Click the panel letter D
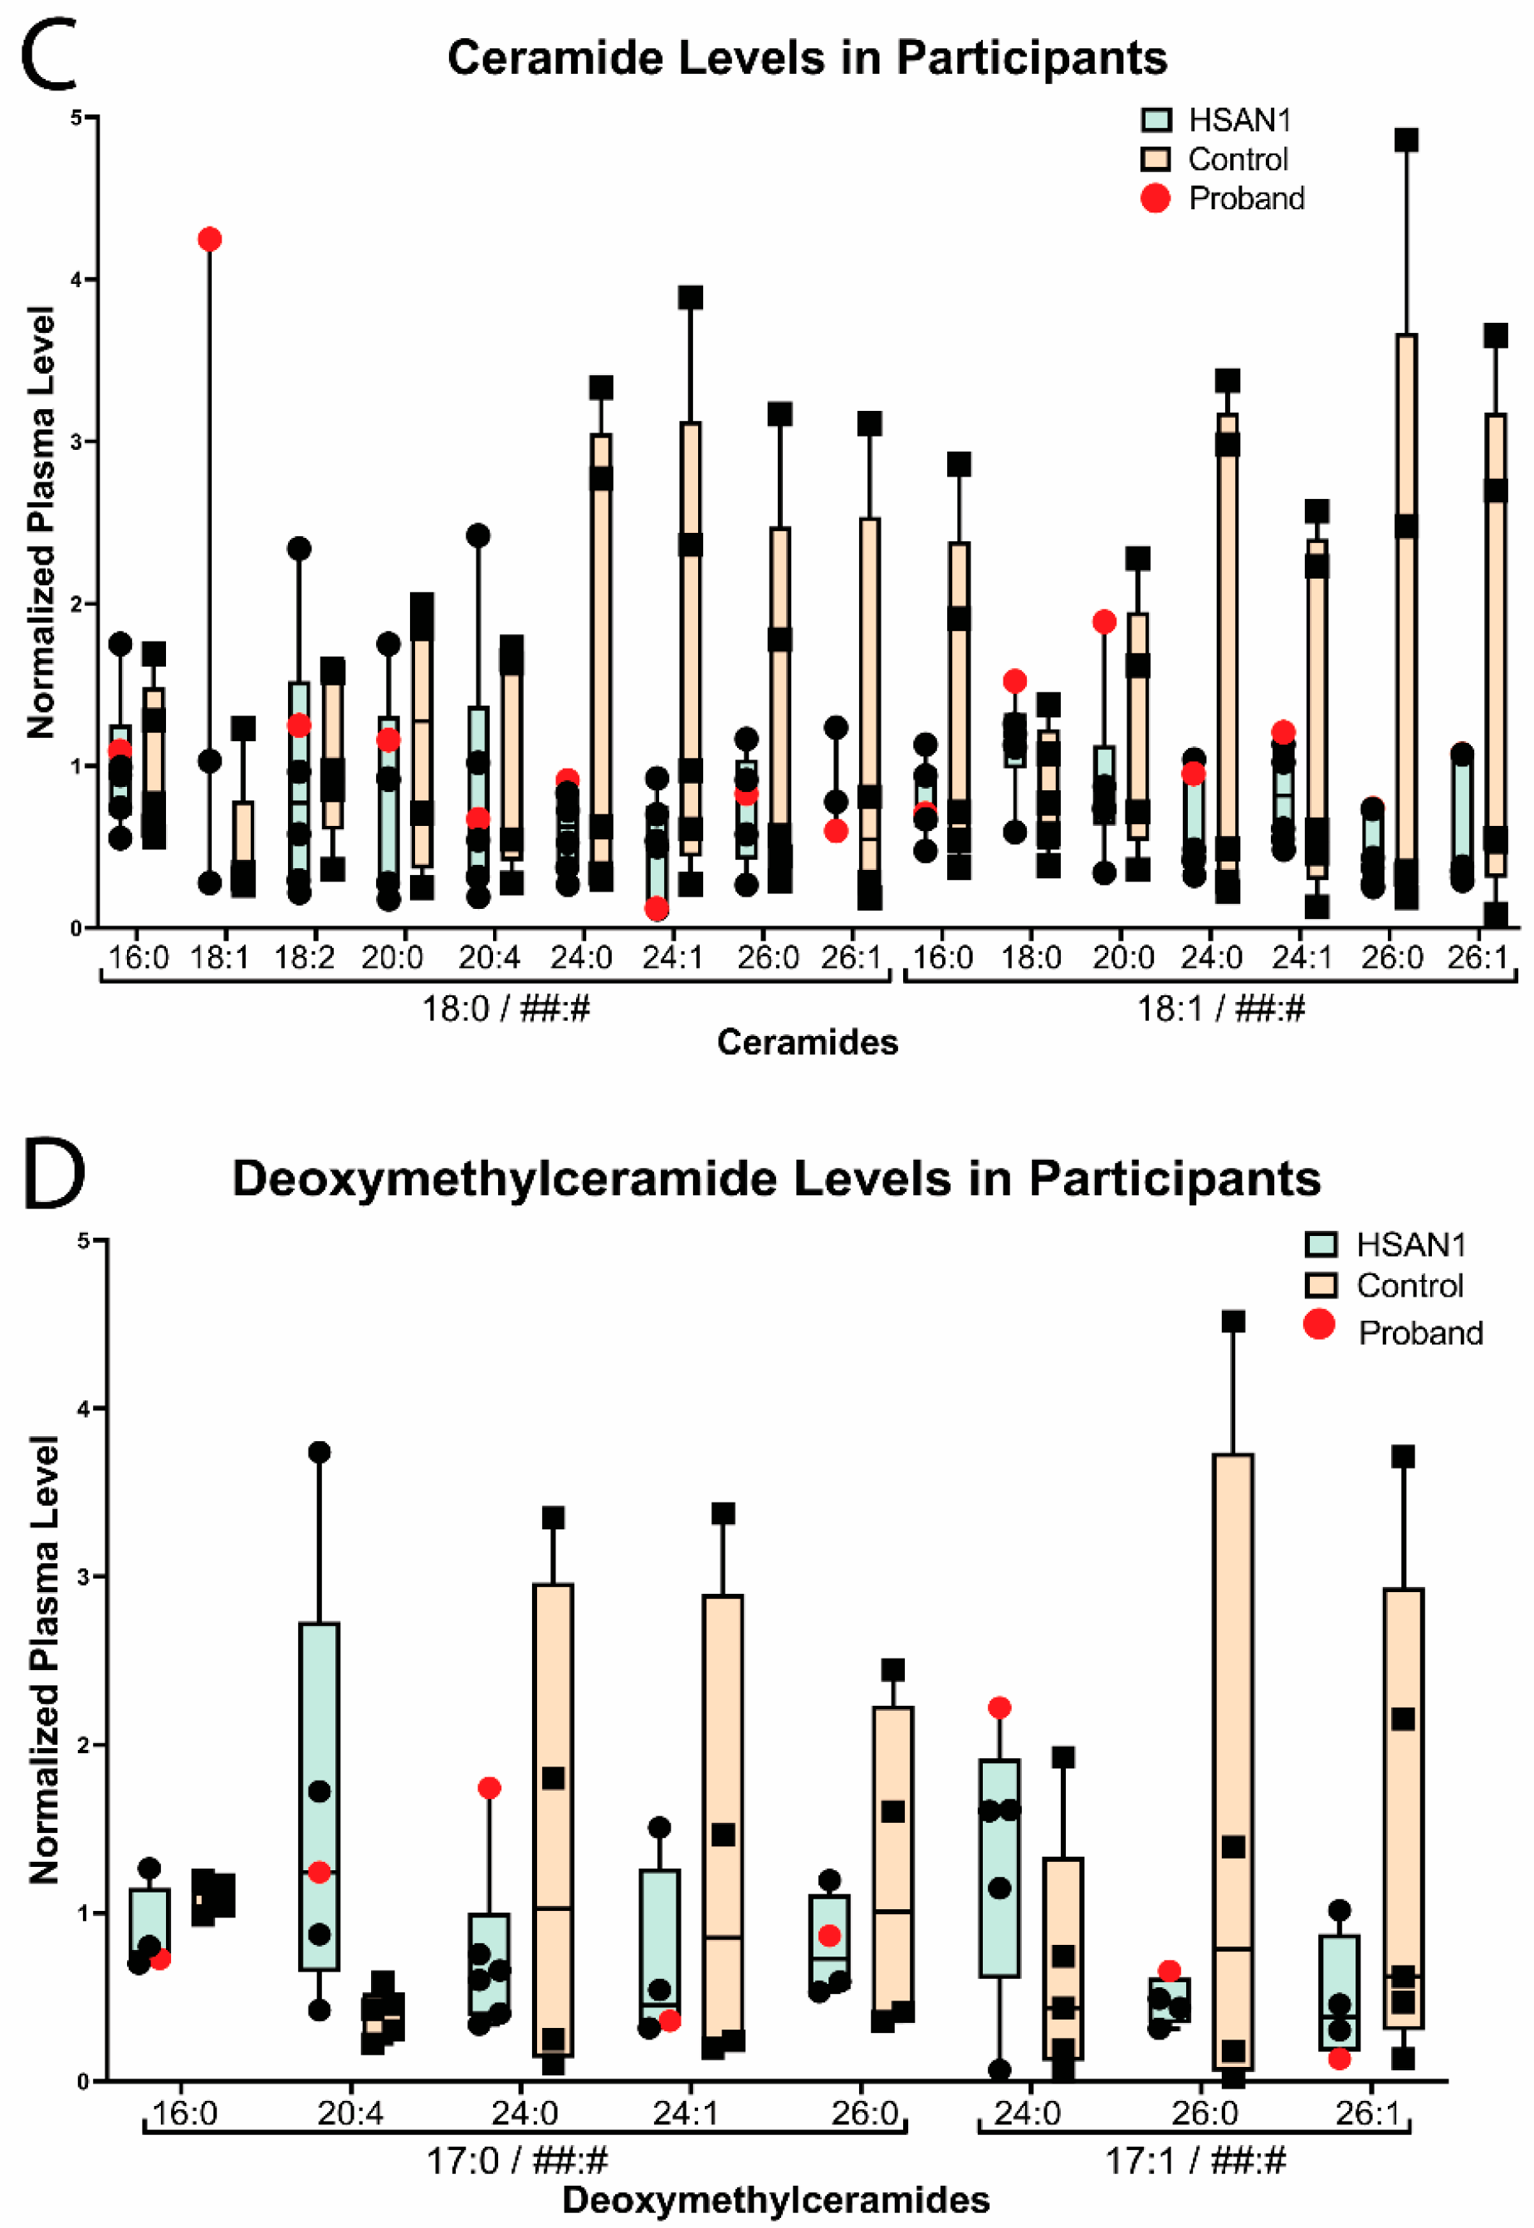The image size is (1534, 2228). (54, 1174)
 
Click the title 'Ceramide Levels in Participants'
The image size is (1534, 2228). (808, 57)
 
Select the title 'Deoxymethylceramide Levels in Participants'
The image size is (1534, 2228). (777, 1179)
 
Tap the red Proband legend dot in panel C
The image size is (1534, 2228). (1155, 198)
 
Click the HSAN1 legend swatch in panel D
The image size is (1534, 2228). (1321, 1244)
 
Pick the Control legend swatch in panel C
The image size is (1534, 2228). (1155, 159)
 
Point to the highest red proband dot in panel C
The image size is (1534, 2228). (209, 239)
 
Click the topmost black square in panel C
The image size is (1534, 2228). (1406, 140)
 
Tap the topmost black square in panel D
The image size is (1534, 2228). (1234, 1322)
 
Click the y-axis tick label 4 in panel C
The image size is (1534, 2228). (77, 280)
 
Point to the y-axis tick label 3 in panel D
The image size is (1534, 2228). (84, 1577)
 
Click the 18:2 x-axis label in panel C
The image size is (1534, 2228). (305, 957)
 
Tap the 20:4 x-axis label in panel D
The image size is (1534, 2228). (351, 2113)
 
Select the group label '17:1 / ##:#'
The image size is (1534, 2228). (1194, 2162)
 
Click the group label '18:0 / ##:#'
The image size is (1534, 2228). (506, 1009)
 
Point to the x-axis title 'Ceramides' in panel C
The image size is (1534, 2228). (808, 1042)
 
